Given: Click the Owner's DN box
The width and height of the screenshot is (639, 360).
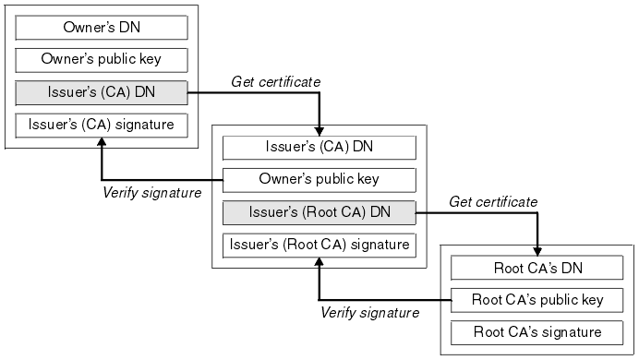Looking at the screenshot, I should [x=102, y=27].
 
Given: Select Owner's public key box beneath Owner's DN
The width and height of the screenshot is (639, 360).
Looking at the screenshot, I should [x=102, y=60].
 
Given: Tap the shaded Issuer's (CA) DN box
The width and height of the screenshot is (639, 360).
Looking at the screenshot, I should [x=102, y=92].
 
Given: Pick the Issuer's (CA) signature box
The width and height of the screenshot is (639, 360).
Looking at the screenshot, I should [x=102, y=125].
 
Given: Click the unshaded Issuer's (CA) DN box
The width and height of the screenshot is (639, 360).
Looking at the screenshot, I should [x=319, y=147].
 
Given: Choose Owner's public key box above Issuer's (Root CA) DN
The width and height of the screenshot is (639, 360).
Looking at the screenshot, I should [x=319, y=179].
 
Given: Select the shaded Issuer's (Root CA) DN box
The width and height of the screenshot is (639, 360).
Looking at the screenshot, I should [x=319, y=212].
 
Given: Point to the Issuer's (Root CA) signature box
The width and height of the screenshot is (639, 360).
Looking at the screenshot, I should [x=319, y=245].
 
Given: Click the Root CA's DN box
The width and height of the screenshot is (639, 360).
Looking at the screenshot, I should [x=537, y=268].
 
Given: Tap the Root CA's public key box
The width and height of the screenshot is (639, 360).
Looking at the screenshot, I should [x=537, y=299].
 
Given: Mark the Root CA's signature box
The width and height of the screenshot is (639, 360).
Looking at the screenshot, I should [x=537, y=331].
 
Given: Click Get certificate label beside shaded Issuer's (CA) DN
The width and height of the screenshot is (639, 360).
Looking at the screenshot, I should [x=274, y=81].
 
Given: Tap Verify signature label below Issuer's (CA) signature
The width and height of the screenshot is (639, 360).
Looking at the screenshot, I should [x=151, y=192].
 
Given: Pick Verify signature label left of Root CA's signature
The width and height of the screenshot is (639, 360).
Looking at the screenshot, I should [x=369, y=312].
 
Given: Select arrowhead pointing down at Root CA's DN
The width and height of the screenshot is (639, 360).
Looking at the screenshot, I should [x=537, y=250].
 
